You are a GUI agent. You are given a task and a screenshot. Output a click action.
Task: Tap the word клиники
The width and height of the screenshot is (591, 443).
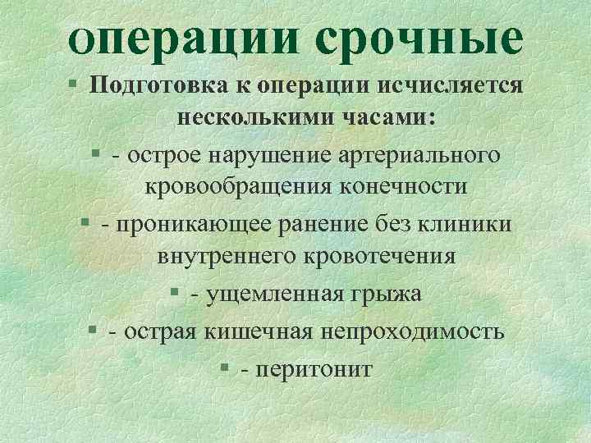click(465, 223)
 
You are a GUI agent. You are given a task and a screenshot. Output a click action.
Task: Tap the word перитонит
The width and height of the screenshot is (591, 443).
click(314, 368)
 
